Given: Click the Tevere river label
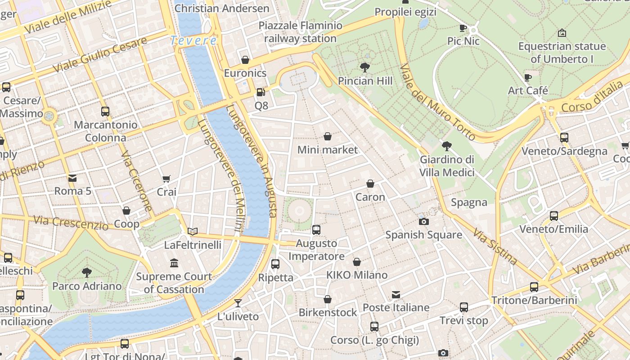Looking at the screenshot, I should point(193,40).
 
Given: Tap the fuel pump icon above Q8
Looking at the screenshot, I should point(261,92).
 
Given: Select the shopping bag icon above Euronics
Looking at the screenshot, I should point(245,60).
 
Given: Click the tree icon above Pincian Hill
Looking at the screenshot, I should point(365,67).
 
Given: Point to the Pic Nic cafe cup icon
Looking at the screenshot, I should point(463,28).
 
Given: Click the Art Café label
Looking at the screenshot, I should point(528,90).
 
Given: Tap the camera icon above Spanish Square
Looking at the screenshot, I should point(423,221).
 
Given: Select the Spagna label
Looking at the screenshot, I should point(469,202).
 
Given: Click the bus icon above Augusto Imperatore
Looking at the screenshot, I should point(316,230).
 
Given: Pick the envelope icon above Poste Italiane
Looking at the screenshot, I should point(396,295).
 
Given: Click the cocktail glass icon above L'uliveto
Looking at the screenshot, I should point(238,303).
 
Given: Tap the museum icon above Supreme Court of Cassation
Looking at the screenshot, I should point(174,263).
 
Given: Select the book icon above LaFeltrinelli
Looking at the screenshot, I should point(193,231).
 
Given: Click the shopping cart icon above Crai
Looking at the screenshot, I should point(166,179).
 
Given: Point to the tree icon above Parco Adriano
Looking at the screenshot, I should point(87,272).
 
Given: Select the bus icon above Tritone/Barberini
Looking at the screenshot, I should point(534,287).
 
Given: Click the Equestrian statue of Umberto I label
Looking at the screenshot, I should point(562,53).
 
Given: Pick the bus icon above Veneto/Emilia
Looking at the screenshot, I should point(554,216).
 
